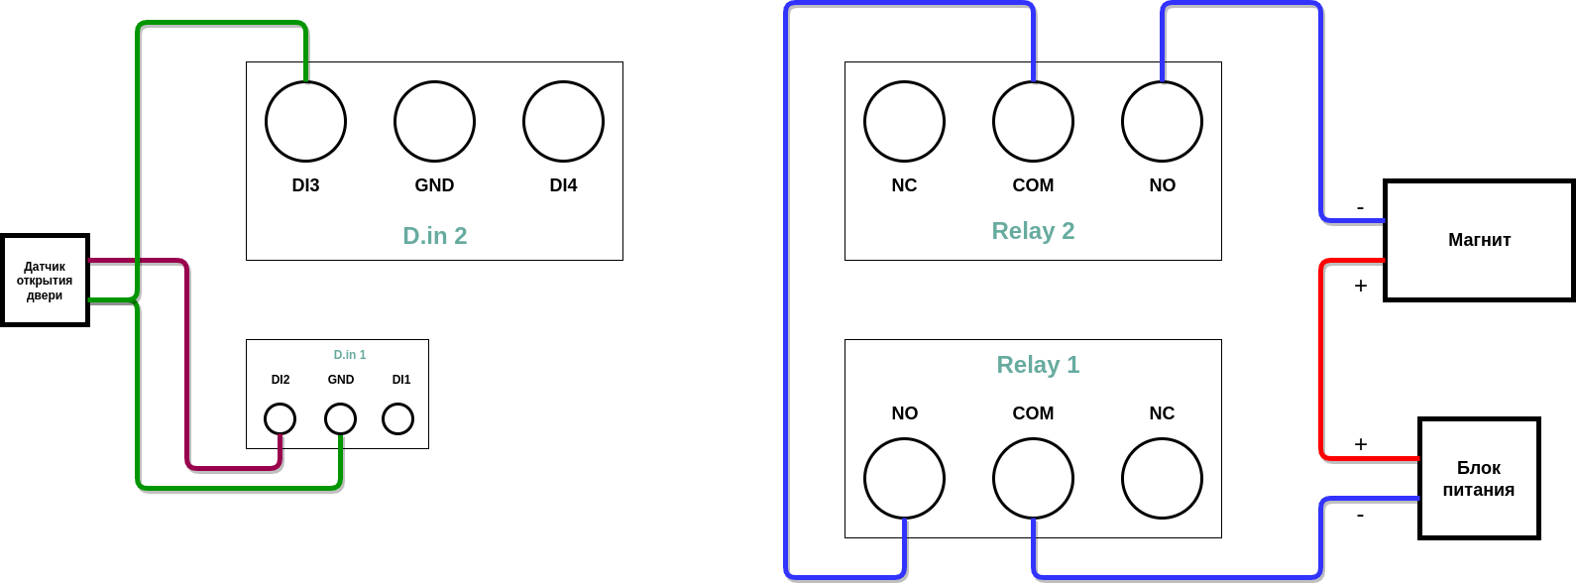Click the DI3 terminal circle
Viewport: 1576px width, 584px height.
tap(305, 121)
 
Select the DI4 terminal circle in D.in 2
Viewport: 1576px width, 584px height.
tap(563, 121)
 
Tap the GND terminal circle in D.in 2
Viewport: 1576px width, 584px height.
tap(434, 121)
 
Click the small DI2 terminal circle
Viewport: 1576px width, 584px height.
tap(280, 418)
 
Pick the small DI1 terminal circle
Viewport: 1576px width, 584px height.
tap(397, 418)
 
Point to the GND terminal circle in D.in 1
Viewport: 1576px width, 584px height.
tap(340, 418)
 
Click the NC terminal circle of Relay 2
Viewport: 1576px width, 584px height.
tap(904, 121)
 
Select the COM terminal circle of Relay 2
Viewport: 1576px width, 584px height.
tap(1033, 121)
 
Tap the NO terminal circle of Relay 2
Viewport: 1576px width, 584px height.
tap(1162, 121)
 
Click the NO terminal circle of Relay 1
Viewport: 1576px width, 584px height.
tap(904, 478)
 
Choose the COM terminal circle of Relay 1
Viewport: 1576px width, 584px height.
tap(1033, 478)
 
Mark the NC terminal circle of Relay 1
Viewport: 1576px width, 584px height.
tap(1162, 478)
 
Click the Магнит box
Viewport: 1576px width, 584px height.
tap(1479, 240)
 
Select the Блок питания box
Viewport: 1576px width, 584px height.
tap(1479, 478)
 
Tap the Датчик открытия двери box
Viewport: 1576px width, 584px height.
tap(45, 281)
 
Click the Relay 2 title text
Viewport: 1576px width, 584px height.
tap(1033, 231)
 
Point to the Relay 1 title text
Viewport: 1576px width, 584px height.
tap(1038, 365)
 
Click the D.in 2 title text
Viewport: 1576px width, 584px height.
tap(434, 236)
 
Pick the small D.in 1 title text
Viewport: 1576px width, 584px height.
tap(350, 355)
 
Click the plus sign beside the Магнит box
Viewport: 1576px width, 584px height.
tap(1361, 286)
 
